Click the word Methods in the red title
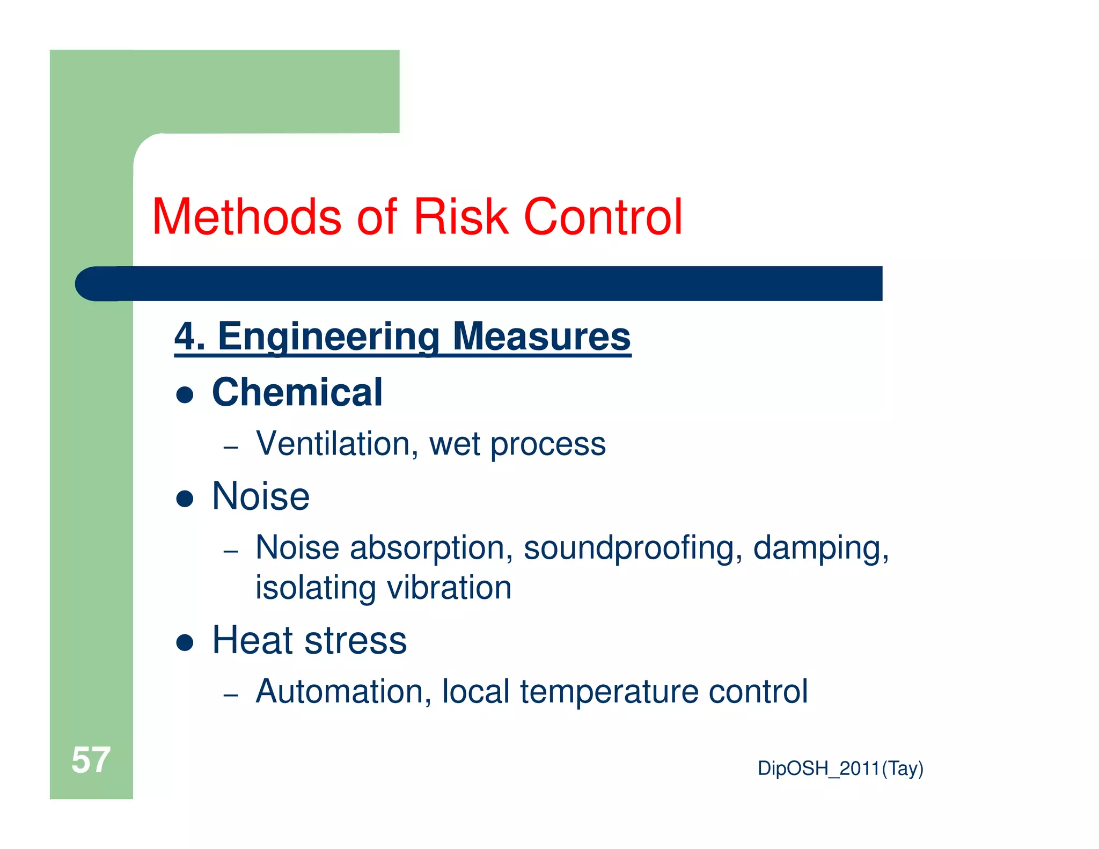247,217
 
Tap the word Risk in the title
460,217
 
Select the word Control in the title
603,217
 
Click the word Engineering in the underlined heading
328,337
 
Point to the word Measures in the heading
541,337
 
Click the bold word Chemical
297,392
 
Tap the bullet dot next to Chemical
185,395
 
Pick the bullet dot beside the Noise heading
185,499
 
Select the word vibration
449,588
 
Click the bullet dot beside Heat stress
185,642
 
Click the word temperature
609,692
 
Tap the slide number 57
91,760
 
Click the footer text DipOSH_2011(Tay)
840,769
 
